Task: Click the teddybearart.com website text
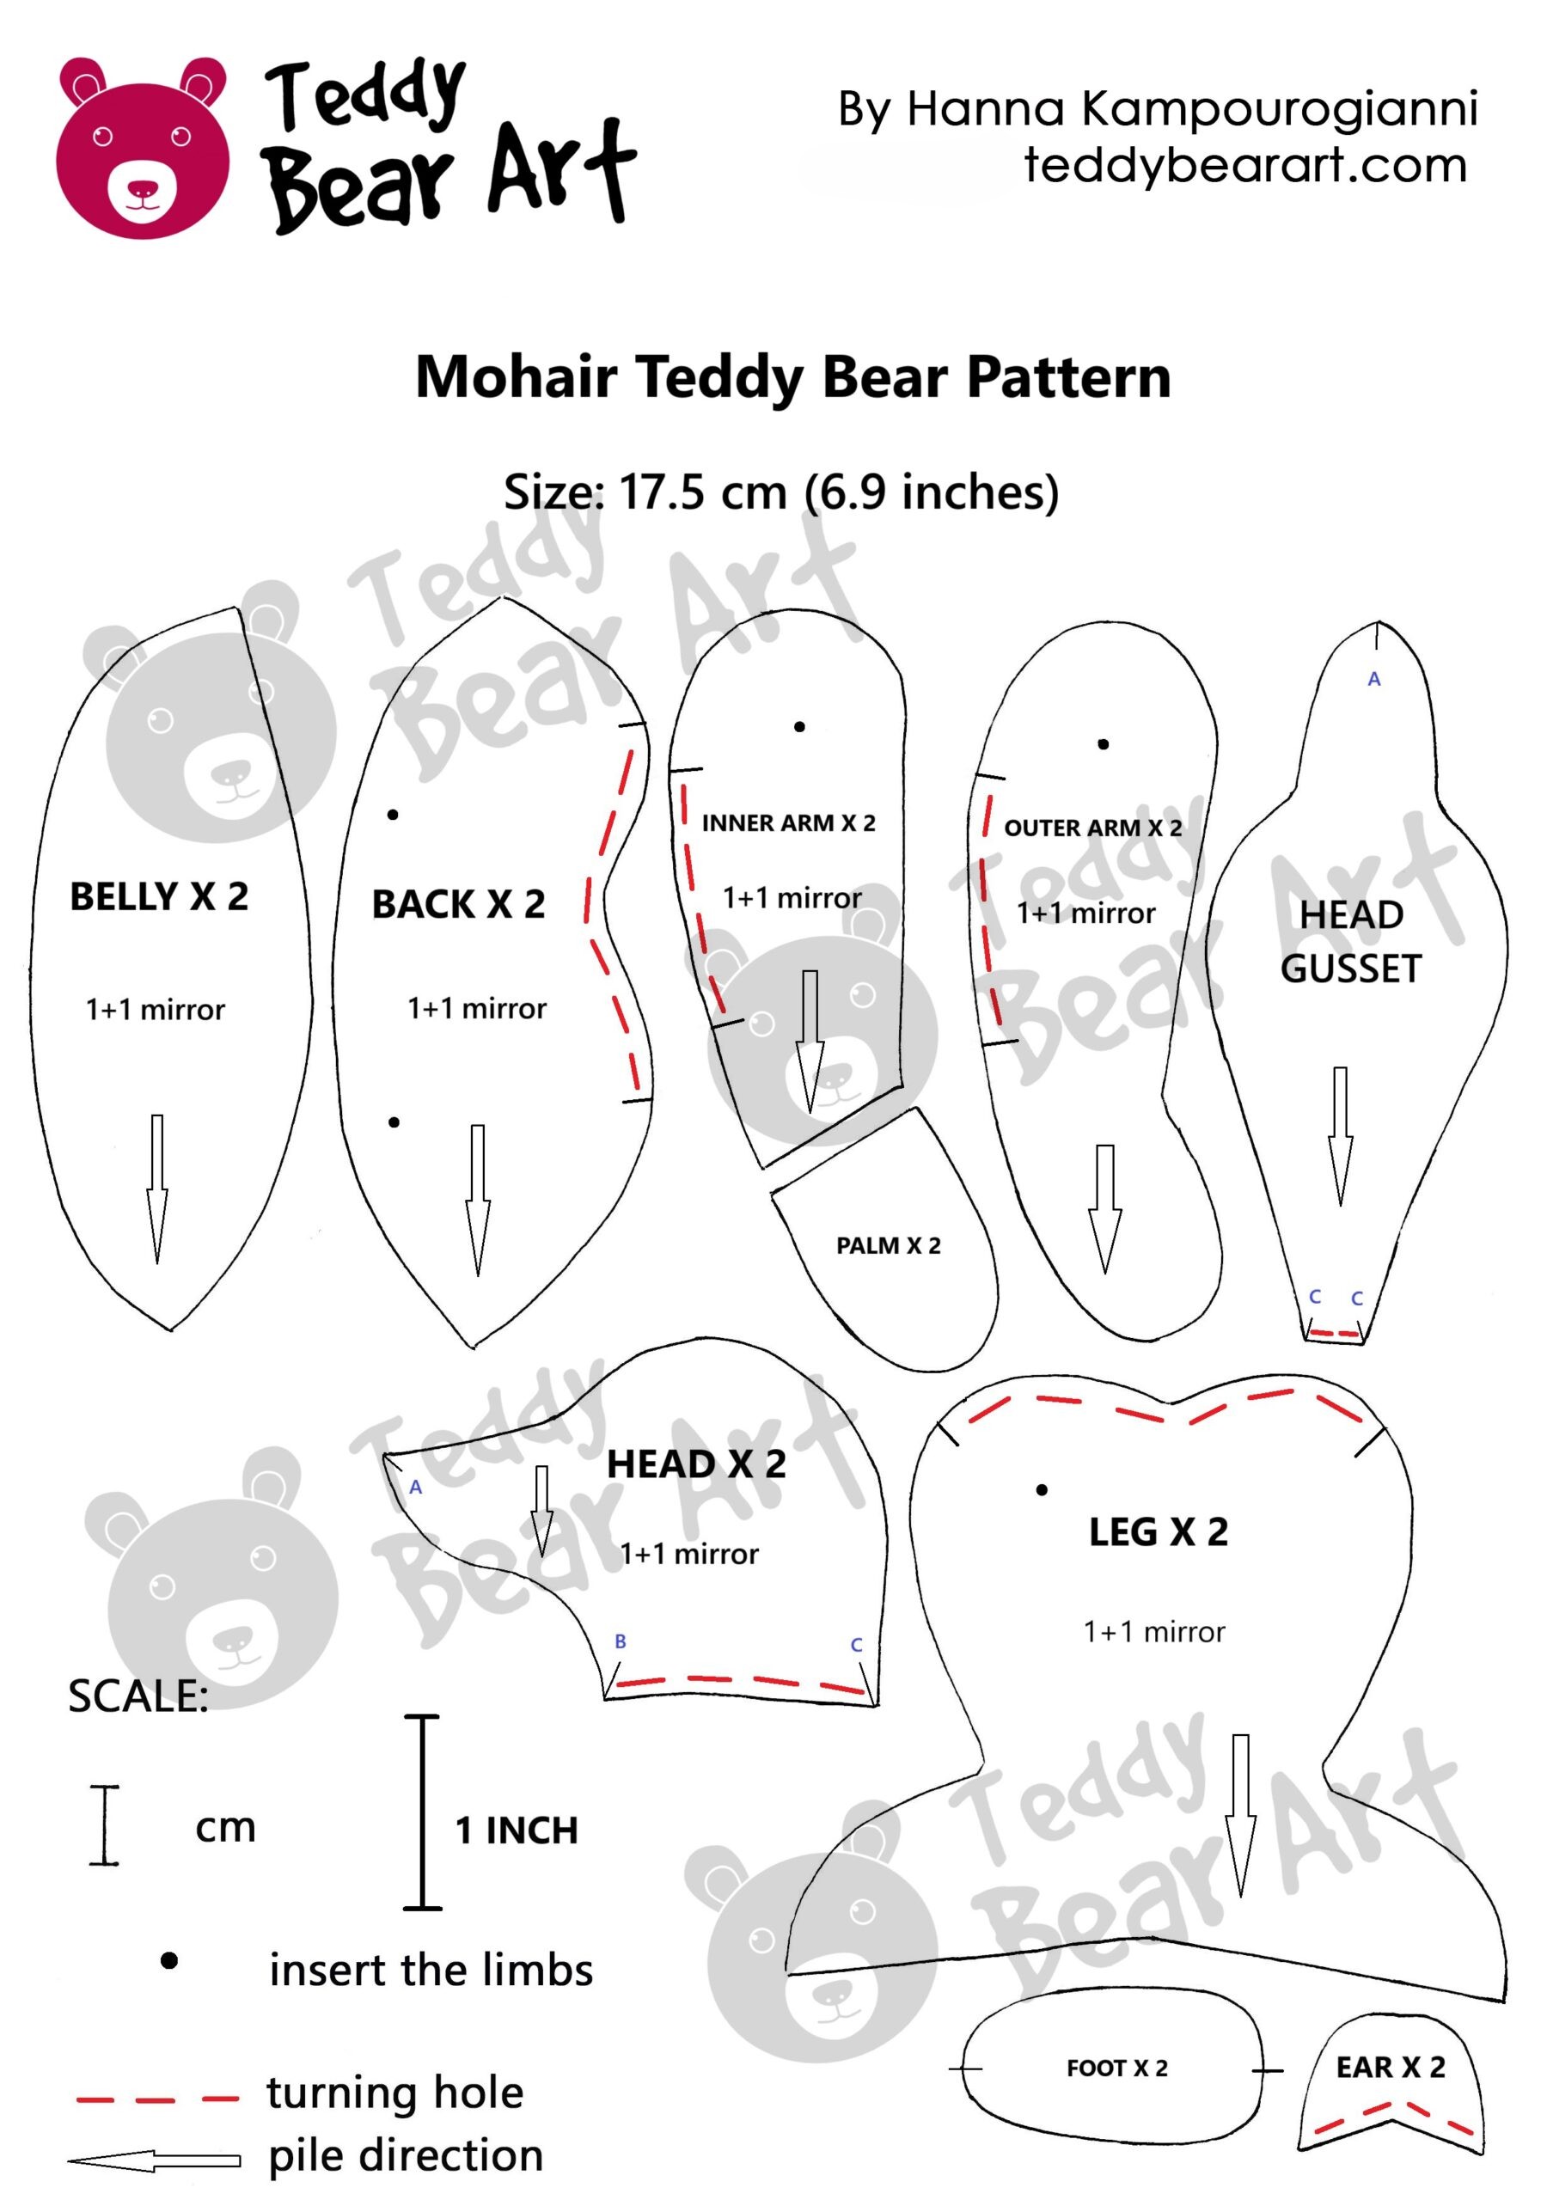point(1245,165)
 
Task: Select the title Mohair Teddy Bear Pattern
point(792,376)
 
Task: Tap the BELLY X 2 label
point(159,897)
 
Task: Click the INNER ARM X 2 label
point(788,823)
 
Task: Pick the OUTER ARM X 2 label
point(1092,828)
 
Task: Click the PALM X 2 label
point(889,1245)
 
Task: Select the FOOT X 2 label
point(1116,2069)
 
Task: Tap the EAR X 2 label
point(1390,2068)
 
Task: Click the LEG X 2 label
point(1158,1532)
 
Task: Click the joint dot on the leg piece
point(1042,1490)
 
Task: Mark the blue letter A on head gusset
point(1373,680)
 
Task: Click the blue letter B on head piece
point(621,1641)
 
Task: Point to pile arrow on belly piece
point(157,1189)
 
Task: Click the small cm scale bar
point(105,1825)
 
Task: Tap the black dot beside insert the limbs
point(169,1961)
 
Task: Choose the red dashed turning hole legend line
point(157,2099)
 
